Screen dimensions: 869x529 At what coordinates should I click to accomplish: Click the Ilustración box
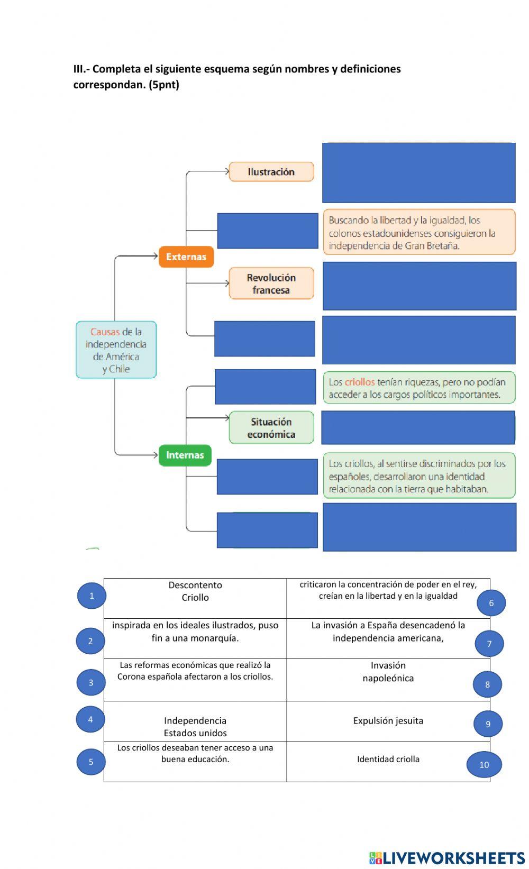pos(271,172)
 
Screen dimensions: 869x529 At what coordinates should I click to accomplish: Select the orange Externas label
pos(186,257)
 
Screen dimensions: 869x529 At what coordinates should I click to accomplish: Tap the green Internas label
pos(185,455)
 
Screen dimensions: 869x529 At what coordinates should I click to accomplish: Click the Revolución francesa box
pos(271,283)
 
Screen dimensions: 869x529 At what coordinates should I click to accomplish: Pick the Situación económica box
pos(271,428)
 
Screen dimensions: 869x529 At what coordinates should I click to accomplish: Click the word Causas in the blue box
pos(105,332)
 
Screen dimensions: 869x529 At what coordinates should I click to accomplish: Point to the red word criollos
pos(359,382)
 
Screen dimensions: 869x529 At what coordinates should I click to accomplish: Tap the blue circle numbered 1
pos(92,596)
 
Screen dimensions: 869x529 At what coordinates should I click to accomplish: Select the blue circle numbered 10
pos(484,764)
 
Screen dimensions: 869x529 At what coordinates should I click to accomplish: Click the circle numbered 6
pos(491,602)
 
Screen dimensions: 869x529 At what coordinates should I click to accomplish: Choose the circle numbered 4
pos(90,719)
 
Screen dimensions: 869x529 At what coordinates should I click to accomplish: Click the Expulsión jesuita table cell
pos(388,721)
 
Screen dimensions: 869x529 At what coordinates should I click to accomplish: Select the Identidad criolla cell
pos(388,759)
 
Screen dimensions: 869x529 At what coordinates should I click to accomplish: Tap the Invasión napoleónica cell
pos(388,672)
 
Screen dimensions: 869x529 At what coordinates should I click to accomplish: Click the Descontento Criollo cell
pos(195,591)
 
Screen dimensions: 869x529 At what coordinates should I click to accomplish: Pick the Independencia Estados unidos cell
pos(195,727)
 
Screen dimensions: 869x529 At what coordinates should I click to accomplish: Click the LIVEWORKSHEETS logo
pos(447,857)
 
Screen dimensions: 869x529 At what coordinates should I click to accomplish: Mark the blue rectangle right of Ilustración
pos(419,172)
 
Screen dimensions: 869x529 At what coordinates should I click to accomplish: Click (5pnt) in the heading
pos(164,85)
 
